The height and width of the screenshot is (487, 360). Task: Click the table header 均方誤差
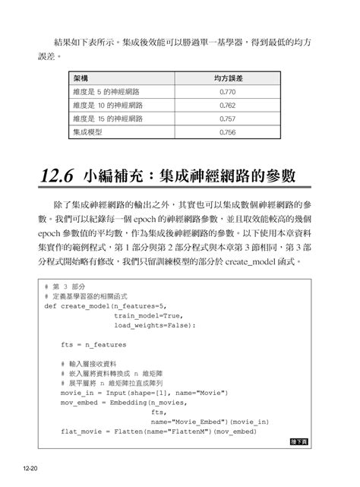click(x=227, y=78)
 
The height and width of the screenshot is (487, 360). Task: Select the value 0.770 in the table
click(x=226, y=92)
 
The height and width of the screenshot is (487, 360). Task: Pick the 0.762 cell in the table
click(x=226, y=106)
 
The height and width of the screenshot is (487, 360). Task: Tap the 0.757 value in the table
click(x=226, y=119)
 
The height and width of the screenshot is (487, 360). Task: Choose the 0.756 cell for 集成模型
click(x=226, y=132)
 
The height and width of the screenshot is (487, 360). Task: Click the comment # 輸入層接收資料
click(x=95, y=364)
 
